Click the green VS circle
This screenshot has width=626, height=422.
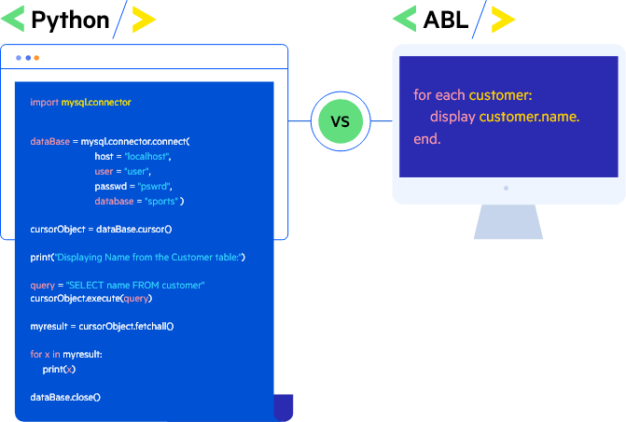pyautogui.click(x=341, y=121)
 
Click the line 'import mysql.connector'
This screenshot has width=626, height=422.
pyautogui.click(x=80, y=102)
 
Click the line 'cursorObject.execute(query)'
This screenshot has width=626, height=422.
pyautogui.click(x=90, y=299)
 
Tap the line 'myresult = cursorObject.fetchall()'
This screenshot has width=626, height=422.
pyautogui.click(x=102, y=326)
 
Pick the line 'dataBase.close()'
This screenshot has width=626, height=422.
pyautogui.click(x=64, y=397)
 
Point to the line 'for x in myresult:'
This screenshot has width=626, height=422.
pyautogui.click(x=65, y=355)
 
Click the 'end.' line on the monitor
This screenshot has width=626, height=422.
pyautogui.click(x=426, y=139)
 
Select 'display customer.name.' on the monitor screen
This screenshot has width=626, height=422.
pyautogui.click(x=504, y=117)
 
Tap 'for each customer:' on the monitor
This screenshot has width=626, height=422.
pyautogui.click(x=472, y=95)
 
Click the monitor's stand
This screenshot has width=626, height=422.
pyautogui.click(x=508, y=222)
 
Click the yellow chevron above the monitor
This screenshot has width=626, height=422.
pyautogui.click(x=503, y=19)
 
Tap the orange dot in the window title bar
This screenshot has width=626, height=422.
pyautogui.click(x=36, y=58)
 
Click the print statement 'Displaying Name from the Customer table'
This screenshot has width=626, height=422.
pyautogui.click(x=137, y=257)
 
